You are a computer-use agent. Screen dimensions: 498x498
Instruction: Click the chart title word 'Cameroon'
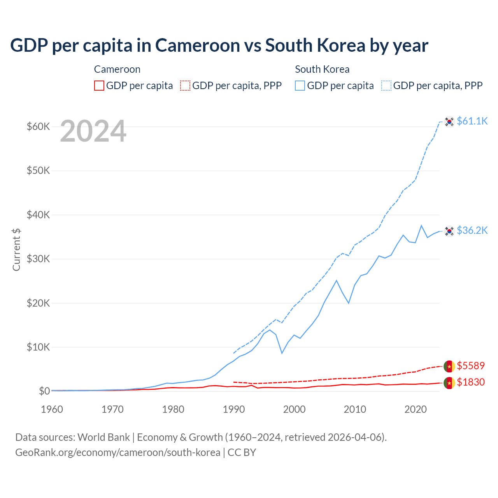click(198, 46)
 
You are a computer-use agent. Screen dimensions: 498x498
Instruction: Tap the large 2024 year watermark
click(93, 131)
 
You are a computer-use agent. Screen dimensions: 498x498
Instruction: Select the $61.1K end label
click(472, 121)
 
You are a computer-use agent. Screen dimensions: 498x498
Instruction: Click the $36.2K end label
click(472, 230)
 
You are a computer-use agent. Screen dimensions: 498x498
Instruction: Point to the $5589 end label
click(471, 366)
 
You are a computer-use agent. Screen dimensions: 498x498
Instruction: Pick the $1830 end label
click(471, 382)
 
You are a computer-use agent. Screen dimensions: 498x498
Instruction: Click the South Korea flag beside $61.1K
click(449, 122)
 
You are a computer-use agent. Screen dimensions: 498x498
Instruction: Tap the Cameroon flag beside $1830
click(449, 383)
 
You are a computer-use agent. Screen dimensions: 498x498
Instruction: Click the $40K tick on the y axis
click(38, 215)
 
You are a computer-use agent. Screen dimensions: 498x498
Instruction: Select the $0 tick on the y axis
click(44, 391)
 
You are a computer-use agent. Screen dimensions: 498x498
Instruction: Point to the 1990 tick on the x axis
click(234, 409)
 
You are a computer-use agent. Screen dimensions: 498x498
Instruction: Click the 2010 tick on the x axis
click(355, 409)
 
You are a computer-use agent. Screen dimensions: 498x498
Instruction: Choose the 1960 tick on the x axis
click(52, 409)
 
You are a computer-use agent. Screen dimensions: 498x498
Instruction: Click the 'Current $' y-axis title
click(16, 249)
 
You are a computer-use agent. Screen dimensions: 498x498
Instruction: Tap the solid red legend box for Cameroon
click(99, 86)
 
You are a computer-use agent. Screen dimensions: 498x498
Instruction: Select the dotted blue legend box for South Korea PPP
click(386, 86)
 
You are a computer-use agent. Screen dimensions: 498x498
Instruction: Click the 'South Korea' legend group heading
click(322, 69)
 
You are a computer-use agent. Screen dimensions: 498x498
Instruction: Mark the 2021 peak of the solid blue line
click(421, 225)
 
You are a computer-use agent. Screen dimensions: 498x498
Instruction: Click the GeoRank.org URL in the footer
click(117, 452)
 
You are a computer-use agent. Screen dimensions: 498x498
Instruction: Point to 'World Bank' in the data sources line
click(103, 437)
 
